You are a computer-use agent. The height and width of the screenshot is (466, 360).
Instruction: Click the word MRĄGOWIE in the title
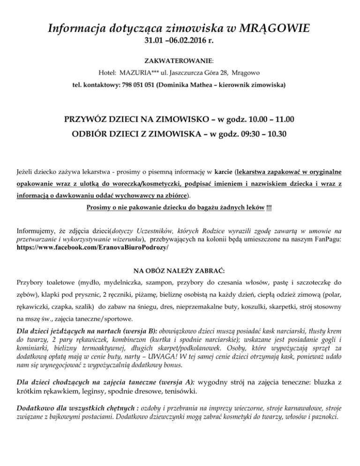[269, 30]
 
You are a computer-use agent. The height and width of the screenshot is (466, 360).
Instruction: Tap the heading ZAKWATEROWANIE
[179, 61]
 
